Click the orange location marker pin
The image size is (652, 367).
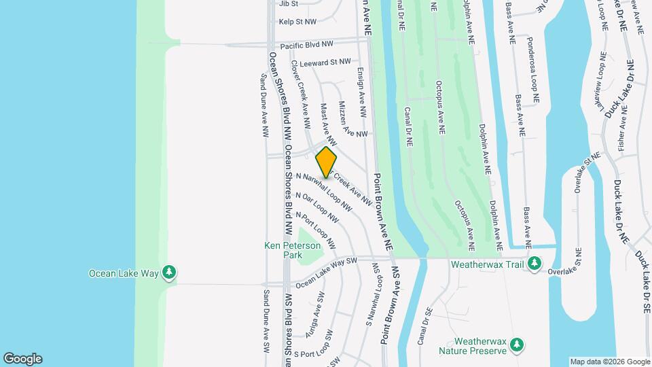[327, 162]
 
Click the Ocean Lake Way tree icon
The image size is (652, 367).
[169, 273]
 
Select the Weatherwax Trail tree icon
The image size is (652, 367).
[535, 262]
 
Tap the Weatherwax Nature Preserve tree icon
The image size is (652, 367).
[518, 345]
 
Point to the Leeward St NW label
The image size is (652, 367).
[325, 63]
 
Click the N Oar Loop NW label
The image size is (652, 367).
[316, 207]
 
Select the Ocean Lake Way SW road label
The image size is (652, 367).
[326, 271]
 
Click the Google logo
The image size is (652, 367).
[22, 359]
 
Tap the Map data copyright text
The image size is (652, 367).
[609, 362]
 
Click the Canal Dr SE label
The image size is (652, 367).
[425, 326]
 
